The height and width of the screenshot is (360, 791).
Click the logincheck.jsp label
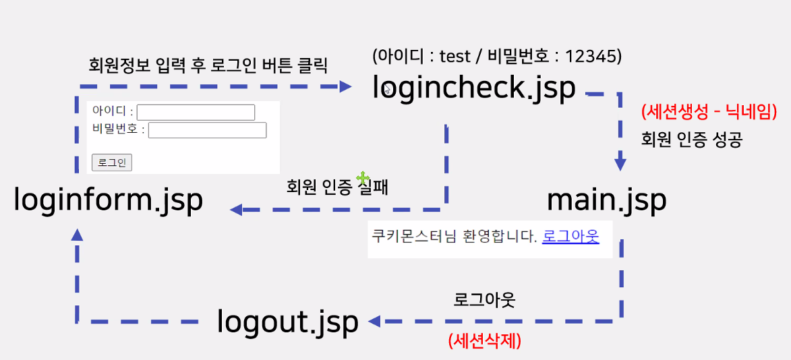tap(474, 88)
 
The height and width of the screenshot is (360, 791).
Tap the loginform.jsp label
tap(108, 200)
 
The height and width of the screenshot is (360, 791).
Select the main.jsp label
tap(606, 200)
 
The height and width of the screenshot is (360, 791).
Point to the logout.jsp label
tap(287, 322)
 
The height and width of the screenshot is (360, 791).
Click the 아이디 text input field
tap(196, 113)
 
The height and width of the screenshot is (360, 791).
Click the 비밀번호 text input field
tap(207, 129)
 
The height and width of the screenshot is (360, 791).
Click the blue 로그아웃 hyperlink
tap(570, 237)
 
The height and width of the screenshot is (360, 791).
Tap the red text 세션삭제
tap(484, 341)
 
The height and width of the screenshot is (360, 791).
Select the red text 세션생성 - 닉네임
tap(709, 111)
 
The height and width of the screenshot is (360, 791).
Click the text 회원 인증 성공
tap(692, 140)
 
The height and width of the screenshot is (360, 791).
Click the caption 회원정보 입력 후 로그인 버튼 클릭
tap(208, 65)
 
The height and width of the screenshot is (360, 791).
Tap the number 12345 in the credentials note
tap(593, 56)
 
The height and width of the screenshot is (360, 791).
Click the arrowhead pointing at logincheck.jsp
tap(346, 86)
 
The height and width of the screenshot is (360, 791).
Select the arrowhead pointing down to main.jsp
tap(620, 164)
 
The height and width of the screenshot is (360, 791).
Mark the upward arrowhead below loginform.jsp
tap(77, 234)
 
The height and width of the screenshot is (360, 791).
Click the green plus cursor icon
tap(363, 178)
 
